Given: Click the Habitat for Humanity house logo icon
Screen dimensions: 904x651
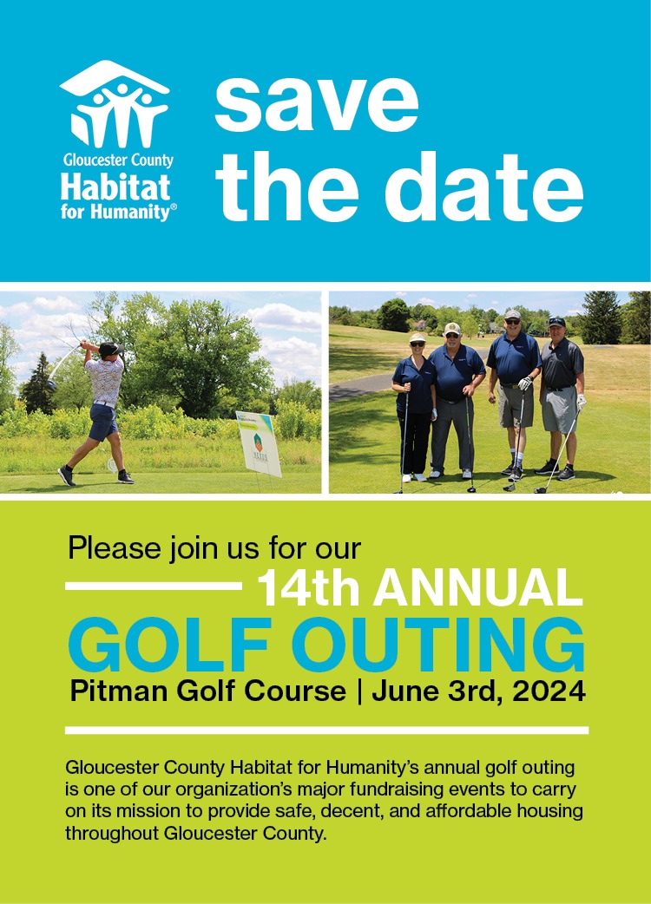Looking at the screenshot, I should (114, 102).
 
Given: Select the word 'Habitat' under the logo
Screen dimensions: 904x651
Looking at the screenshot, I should (115, 186).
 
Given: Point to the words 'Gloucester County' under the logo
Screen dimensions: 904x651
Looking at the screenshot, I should (117, 160).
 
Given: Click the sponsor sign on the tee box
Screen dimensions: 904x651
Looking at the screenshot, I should (259, 443).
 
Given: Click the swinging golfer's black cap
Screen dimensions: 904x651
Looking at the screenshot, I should (109, 348).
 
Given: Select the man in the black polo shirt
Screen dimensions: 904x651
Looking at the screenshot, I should (562, 390).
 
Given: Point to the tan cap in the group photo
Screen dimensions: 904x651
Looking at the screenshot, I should (452, 329).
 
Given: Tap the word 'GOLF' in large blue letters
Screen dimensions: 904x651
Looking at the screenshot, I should (170, 645).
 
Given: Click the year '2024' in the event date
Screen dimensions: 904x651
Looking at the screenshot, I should (547, 692).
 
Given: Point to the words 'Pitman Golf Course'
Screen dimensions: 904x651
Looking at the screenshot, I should (207, 692).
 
